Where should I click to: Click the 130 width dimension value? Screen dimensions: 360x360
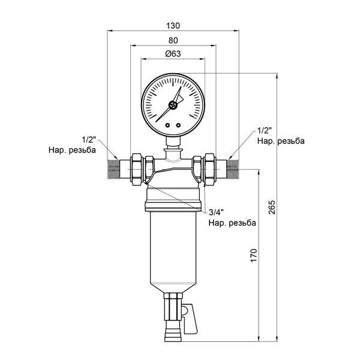(x=173, y=26)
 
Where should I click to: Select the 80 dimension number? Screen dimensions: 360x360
(x=173, y=40)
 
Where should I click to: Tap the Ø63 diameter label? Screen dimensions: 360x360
(x=173, y=54)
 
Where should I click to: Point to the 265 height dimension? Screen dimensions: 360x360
(x=272, y=208)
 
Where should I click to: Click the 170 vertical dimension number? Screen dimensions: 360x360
(x=253, y=255)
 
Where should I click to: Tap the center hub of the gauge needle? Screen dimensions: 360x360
(x=173, y=106)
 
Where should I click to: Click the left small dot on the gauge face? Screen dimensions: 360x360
(x=167, y=125)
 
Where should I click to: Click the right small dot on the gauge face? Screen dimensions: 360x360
(x=178, y=125)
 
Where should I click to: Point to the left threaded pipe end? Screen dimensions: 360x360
(x=113, y=169)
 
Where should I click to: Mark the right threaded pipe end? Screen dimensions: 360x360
(x=233, y=169)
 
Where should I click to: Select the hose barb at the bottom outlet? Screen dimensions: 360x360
(x=173, y=334)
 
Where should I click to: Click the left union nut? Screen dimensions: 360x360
(x=137, y=169)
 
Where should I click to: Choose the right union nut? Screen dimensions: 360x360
(x=209, y=169)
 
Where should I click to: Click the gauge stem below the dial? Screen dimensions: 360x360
(x=173, y=142)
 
